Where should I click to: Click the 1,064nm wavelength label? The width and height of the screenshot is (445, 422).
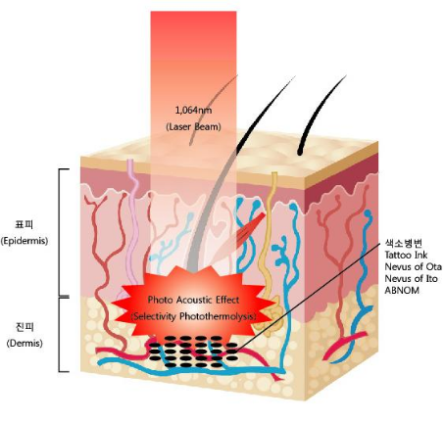[193, 111]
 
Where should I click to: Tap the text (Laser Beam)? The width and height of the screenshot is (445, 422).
[193, 126]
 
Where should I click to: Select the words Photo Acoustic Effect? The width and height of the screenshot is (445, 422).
[193, 300]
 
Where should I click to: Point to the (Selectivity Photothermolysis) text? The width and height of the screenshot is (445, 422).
[193, 316]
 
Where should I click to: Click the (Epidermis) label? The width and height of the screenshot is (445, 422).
[25, 241]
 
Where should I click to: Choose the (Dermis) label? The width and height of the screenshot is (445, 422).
[25, 343]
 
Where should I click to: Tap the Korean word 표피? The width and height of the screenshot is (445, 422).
[25, 224]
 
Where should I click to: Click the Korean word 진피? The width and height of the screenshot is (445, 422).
[25, 327]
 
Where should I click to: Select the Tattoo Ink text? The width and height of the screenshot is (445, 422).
[406, 255]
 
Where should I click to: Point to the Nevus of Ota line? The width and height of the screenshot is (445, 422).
[413, 266]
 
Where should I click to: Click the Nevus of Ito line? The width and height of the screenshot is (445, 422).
[411, 278]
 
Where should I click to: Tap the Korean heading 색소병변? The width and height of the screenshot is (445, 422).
[404, 243]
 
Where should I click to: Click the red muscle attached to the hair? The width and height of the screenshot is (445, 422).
[251, 228]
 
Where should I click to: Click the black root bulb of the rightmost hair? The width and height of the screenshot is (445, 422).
[300, 151]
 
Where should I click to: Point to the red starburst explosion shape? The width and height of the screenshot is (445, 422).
[193, 306]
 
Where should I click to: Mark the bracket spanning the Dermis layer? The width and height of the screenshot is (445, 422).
[60, 335]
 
